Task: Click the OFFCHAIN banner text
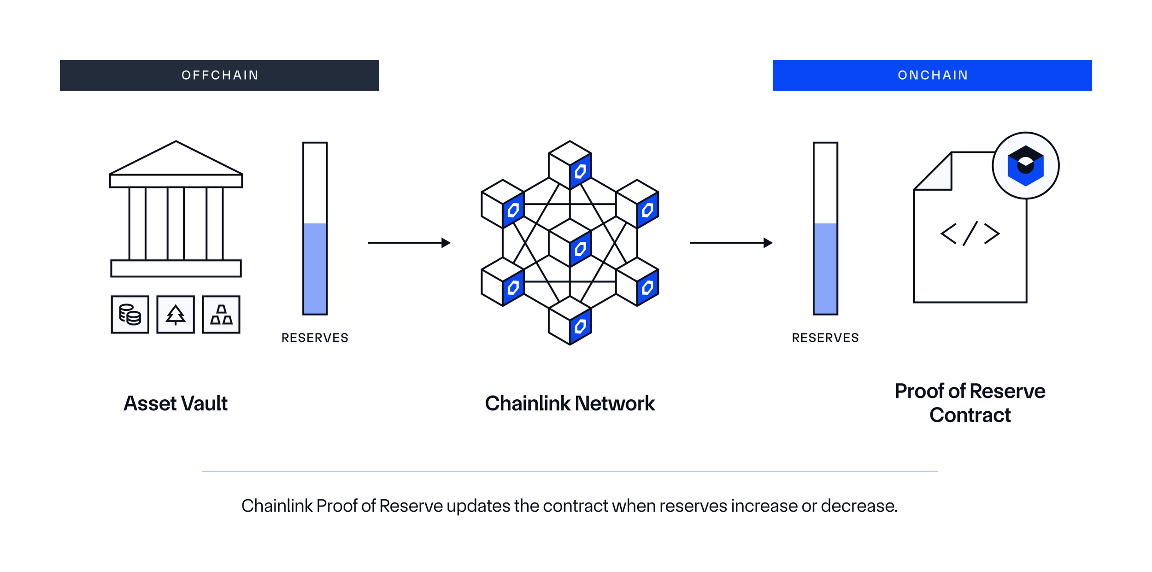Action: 220,75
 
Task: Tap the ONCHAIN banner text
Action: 933,75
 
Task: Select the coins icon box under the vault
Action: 130,315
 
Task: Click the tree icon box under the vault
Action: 176,315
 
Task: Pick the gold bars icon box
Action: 221,315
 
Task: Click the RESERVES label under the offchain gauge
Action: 315,338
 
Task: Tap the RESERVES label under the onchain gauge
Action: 825,338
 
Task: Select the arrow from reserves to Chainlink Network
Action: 409,243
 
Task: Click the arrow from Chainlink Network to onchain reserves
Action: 731,243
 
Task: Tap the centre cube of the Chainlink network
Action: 570,243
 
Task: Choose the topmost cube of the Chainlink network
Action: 570,165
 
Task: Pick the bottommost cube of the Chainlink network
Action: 570,321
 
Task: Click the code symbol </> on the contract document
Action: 970,233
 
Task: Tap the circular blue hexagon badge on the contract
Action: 1025,166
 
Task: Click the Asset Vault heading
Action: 176,403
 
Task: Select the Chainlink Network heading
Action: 570,403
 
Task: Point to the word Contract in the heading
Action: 970,415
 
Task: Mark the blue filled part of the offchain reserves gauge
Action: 315,268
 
